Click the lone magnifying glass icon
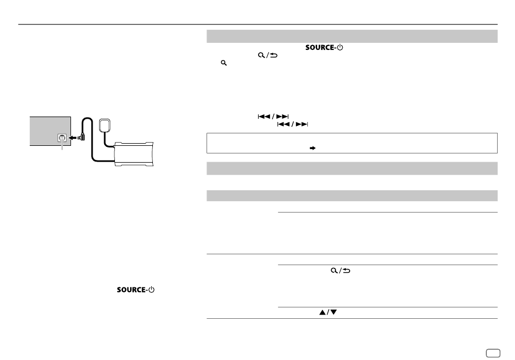pos(224,63)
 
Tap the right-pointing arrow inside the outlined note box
pos(313,148)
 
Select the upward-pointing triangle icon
pos(323,312)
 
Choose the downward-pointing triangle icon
pos(333,312)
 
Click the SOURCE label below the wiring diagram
pos(131,290)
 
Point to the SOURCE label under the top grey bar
pos(320,47)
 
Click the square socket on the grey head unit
pos(62,138)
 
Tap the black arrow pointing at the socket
pos(72,138)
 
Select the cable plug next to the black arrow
pos(81,137)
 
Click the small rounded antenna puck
pos(105,125)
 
